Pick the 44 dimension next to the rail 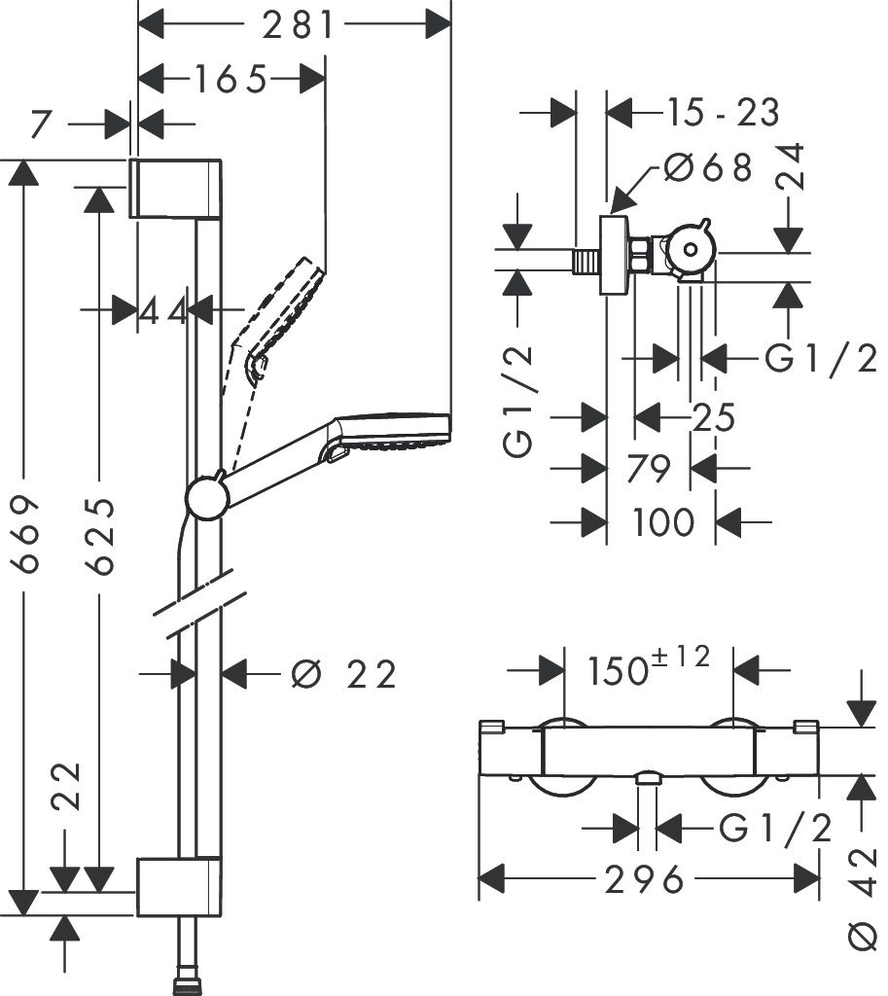[162, 311]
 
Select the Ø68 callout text [708, 168]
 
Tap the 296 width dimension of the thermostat [646, 880]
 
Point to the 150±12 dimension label [649, 668]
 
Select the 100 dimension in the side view [663, 522]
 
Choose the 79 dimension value [650, 469]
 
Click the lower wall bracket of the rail [176, 886]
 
